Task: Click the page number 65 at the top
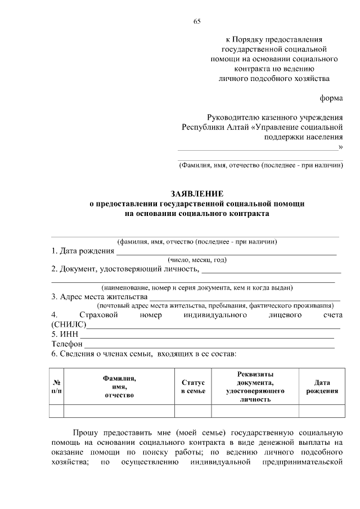point(197,21)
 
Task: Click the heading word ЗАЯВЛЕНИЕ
point(197,193)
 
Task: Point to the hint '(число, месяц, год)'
point(197,260)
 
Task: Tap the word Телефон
point(67,344)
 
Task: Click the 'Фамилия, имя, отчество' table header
point(119,386)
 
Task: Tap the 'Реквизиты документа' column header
point(255,386)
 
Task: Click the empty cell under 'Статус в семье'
point(192,412)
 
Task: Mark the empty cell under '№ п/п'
point(56,412)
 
